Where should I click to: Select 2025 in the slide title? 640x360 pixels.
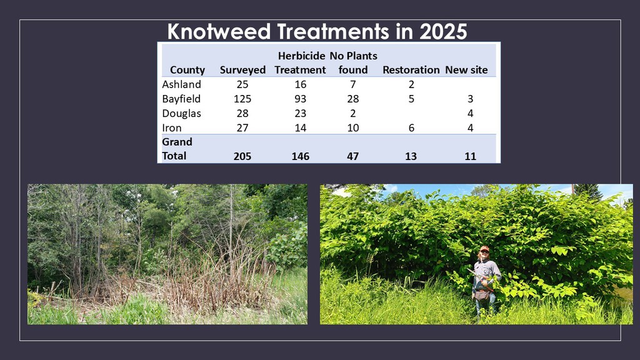click(443, 31)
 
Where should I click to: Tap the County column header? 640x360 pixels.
click(187, 70)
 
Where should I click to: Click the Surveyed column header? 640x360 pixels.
click(242, 70)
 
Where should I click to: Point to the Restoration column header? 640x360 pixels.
click(411, 70)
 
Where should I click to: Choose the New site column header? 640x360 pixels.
click(466, 70)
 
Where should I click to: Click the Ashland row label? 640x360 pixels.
click(182, 84)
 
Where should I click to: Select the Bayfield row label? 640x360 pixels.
click(181, 99)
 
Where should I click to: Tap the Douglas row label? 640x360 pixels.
click(182, 114)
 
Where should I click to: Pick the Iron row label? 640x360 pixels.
click(172, 127)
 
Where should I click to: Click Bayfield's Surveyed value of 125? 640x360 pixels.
click(242, 99)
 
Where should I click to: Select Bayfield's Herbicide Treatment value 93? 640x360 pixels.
click(301, 99)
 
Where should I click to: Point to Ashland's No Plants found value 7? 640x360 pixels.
click(353, 84)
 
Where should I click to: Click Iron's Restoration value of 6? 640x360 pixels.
click(411, 127)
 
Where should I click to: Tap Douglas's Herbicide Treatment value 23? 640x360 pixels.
click(301, 114)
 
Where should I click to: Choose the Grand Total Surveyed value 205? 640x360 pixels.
click(242, 156)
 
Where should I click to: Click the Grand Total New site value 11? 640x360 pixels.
click(470, 156)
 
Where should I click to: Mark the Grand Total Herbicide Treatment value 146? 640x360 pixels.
click(301, 156)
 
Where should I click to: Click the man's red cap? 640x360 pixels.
click(484, 248)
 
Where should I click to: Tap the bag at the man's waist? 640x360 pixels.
click(482, 295)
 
